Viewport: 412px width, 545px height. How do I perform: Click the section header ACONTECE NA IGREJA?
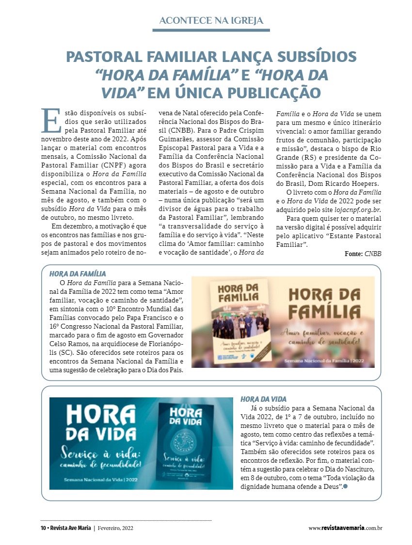(211, 20)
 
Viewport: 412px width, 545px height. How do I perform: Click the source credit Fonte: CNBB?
(363, 254)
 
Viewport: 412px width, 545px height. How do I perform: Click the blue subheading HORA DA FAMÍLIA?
(78, 274)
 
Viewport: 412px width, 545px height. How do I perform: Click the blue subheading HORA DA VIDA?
(263, 399)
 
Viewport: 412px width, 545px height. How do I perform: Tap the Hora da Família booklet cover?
(240, 322)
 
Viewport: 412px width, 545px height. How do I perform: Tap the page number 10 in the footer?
(43, 528)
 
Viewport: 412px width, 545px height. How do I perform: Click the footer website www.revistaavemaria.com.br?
(346, 528)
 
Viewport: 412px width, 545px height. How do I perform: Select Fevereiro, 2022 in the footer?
(115, 528)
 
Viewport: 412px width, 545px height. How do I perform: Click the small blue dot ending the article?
(346, 485)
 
